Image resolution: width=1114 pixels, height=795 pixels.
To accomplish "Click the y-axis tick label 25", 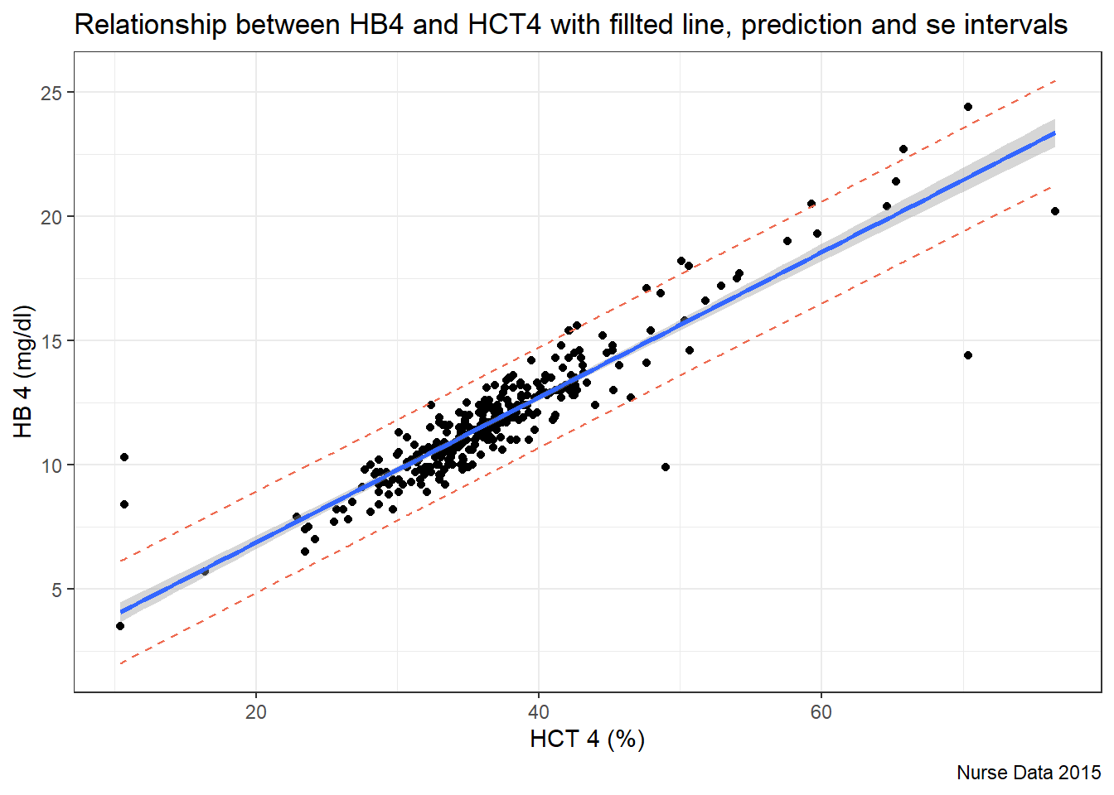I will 51,93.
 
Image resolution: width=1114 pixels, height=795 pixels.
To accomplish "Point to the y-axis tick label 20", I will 51,217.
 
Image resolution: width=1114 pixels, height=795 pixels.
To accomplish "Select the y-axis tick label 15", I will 51,341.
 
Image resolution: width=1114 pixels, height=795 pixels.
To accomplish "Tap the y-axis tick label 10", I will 51,465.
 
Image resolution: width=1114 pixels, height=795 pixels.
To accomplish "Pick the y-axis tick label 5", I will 56,590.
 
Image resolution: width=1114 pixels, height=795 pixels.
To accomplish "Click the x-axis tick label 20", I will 256,712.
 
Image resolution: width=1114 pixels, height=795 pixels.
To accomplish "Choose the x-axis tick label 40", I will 539,712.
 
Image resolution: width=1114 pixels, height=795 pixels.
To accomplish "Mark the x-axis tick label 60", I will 821,712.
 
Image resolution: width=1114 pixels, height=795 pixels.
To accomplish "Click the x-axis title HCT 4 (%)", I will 587,739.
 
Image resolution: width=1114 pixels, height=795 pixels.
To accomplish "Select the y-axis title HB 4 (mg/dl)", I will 23,371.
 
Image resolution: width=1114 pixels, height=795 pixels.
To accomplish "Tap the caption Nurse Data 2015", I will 1028,773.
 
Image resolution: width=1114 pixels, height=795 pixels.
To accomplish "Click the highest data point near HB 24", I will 967,107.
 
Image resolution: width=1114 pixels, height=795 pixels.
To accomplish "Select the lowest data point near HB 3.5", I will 120,626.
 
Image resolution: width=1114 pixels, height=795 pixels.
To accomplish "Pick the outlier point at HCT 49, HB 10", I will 666,467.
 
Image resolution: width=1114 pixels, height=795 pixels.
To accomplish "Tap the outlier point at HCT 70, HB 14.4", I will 967,355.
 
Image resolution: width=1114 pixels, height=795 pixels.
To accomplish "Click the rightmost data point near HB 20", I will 1055,211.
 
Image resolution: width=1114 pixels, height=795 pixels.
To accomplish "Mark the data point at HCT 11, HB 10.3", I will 124,457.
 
